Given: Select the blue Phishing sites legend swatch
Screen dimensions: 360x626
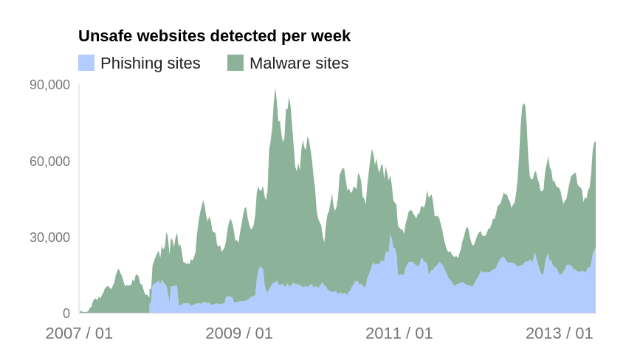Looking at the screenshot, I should [x=86, y=63].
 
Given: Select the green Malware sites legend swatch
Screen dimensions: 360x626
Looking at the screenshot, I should [x=235, y=63].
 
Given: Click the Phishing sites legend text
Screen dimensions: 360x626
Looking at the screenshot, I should [x=151, y=63].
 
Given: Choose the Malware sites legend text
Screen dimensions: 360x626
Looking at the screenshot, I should [x=299, y=63].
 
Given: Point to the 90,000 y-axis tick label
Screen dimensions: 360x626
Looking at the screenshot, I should [x=49, y=85].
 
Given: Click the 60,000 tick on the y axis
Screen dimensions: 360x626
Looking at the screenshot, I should [x=49, y=161].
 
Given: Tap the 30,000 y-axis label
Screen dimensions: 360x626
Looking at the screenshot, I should [x=49, y=237].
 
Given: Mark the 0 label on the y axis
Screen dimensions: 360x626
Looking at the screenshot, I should [x=66, y=314].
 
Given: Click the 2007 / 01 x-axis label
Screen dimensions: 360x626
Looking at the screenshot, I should [x=79, y=333].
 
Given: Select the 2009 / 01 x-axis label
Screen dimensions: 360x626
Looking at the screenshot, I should [x=239, y=333].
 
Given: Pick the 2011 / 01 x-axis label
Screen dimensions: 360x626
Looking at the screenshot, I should [x=399, y=333].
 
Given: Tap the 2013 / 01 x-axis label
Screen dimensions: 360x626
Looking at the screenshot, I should [x=560, y=333].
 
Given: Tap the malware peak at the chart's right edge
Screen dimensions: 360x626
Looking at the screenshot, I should [x=594, y=143].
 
